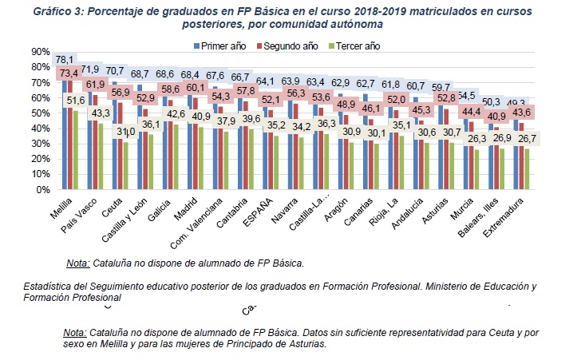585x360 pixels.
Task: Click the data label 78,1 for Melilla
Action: [64, 60]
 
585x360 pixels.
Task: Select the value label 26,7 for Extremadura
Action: [526, 139]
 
